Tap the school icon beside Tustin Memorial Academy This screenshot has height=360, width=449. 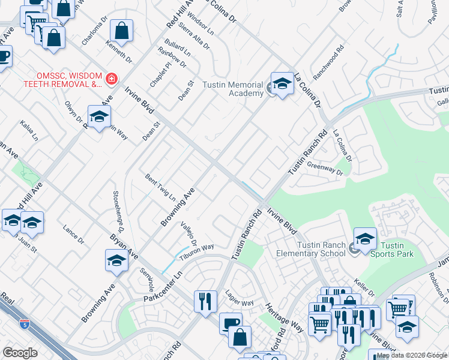[282, 84]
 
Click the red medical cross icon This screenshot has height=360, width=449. [111, 79]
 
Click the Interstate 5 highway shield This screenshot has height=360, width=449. [24, 325]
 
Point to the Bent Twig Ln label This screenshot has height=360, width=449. [160, 187]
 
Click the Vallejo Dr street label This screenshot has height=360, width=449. [188, 232]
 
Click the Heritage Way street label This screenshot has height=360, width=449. [289, 317]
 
